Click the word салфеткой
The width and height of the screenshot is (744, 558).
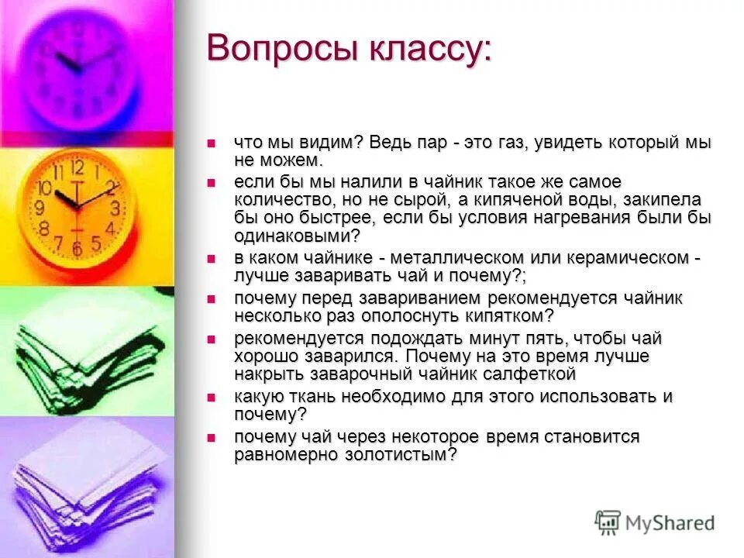click(x=527, y=374)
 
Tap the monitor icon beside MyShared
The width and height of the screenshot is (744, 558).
click(x=608, y=521)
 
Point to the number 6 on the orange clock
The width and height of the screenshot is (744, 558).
click(x=76, y=248)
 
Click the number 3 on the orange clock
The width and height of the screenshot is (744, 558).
click(x=115, y=208)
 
